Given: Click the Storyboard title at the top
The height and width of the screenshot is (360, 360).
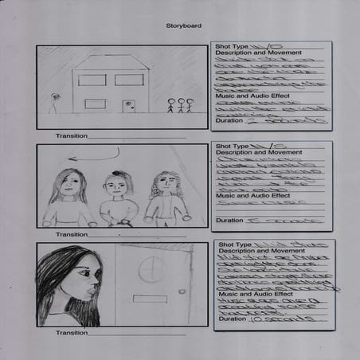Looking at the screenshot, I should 179,25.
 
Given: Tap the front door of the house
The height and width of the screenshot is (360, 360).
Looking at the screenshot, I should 129,106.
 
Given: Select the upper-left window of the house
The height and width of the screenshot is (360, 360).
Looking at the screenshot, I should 92,80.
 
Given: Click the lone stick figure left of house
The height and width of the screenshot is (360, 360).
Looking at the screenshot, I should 55,101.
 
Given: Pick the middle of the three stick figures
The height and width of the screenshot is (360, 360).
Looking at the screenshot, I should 180,104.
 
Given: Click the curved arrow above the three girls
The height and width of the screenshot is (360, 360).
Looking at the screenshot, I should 94,155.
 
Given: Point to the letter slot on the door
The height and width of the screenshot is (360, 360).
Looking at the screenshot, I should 150,299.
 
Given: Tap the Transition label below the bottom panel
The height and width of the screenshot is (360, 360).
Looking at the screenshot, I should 72,333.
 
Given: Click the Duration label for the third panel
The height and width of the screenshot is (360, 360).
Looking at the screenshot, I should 231,319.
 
